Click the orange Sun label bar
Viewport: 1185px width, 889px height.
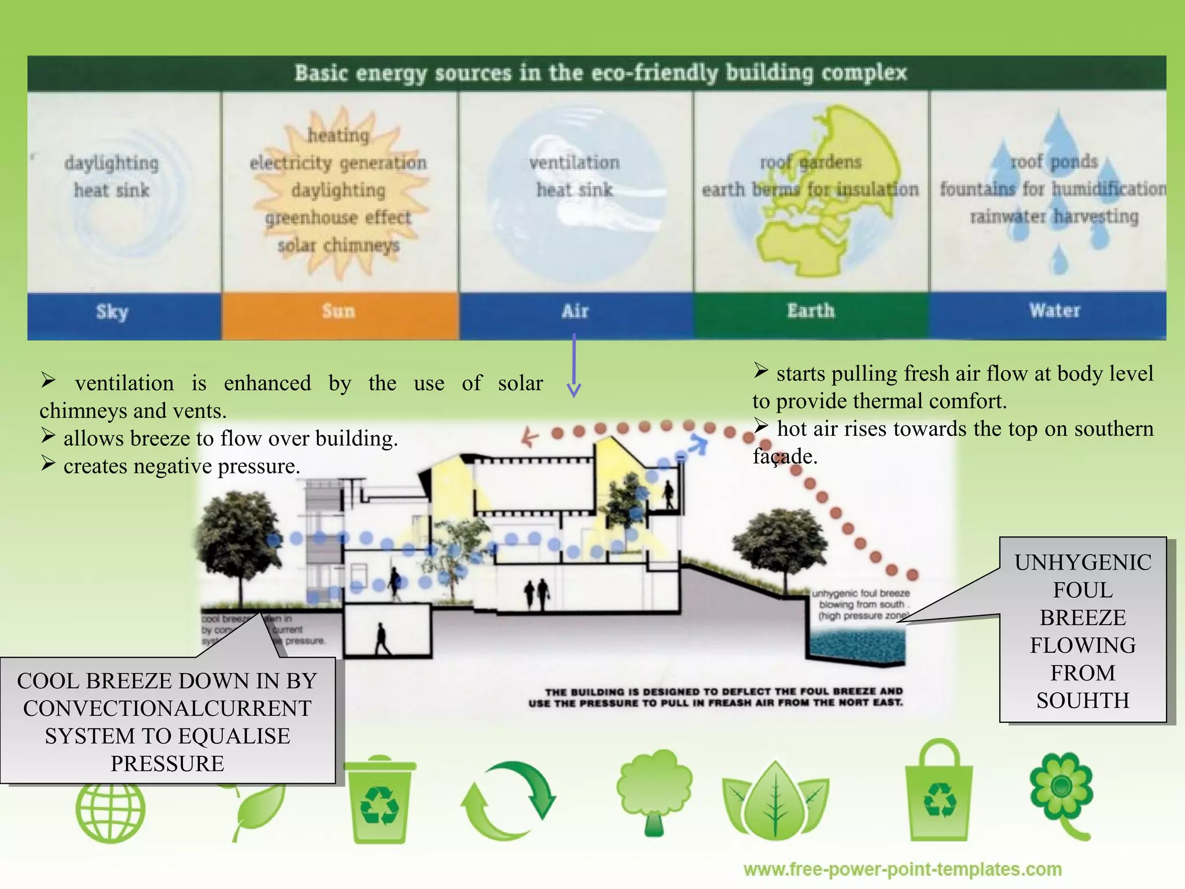pyautogui.click(x=340, y=313)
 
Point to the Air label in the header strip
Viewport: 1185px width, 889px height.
pyautogui.click(x=575, y=312)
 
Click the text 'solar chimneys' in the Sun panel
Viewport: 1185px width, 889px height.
pyautogui.click(x=338, y=245)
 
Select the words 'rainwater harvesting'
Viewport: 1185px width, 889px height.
pyautogui.click(x=1054, y=216)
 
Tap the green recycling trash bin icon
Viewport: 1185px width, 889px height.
pyautogui.click(x=380, y=799)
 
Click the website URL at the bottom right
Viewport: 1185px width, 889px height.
pyautogui.click(x=902, y=869)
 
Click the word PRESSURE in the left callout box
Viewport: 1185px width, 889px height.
pyautogui.click(x=167, y=764)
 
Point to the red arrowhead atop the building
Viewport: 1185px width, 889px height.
pyautogui.click(x=528, y=438)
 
